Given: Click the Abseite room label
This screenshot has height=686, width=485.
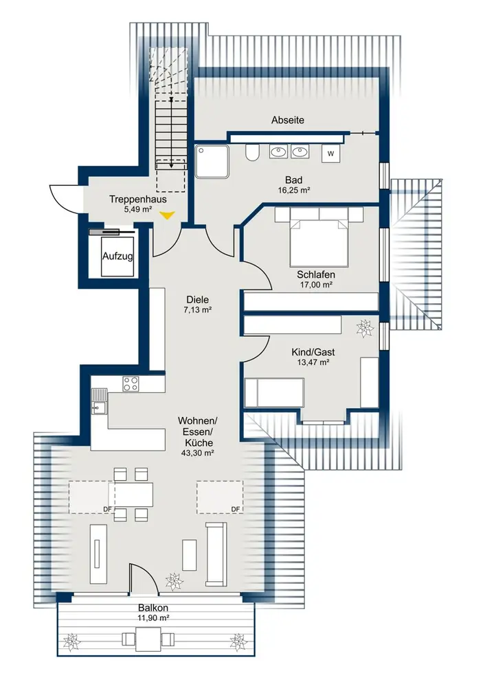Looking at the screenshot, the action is point(287,120).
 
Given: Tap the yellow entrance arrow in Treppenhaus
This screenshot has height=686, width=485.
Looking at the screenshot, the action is point(167,214).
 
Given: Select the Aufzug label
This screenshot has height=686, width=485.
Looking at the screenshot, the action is point(117,257).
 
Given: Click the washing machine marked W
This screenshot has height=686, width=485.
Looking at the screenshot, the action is point(331,154).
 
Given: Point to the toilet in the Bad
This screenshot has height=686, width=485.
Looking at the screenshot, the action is point(251,152).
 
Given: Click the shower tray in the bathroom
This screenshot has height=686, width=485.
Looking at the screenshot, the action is point(212,162).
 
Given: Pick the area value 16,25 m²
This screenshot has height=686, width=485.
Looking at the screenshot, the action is point(294,190).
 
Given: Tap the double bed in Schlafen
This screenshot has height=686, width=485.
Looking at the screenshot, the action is point(319,236).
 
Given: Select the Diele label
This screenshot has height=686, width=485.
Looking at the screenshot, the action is point(198,300).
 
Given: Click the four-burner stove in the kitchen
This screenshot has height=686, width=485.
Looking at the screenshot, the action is point(131,383).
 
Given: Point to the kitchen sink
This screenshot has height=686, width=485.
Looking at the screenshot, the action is point(99,401).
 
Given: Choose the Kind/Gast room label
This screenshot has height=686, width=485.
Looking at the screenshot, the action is point(313,352).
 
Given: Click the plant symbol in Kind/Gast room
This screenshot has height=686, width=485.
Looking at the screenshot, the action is point(365,329).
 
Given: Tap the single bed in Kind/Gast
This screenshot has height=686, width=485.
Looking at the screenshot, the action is point(274,393).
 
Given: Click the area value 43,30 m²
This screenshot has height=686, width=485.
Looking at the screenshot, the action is point(198,453).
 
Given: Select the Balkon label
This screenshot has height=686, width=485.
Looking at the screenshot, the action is point(153,608).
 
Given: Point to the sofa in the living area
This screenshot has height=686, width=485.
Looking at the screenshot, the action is point(216,554).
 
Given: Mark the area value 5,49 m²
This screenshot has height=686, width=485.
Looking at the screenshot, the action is point(137,209).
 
